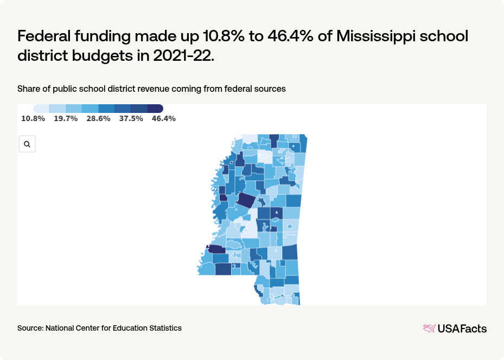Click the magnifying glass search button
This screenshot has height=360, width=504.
click(27, 144)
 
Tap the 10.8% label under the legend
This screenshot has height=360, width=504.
click(33, 118)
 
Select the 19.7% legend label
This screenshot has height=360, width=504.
click(66, 118)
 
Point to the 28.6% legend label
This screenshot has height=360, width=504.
click(98, 118)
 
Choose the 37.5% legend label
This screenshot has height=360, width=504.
click(131, 118)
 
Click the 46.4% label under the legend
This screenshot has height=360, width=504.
click(163, 118)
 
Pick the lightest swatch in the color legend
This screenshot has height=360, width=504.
click(41, 109)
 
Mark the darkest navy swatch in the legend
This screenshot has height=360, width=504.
click(155, 109)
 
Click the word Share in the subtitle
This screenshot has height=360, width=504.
click(29, 89)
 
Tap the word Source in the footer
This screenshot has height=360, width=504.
click(30, 328)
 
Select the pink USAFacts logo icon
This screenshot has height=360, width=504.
click(429, 328)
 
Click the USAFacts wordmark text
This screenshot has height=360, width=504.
click(462, 328)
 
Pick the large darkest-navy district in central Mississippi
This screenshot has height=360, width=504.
click(245, 200)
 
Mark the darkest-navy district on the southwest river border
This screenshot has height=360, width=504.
click(216, 249)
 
